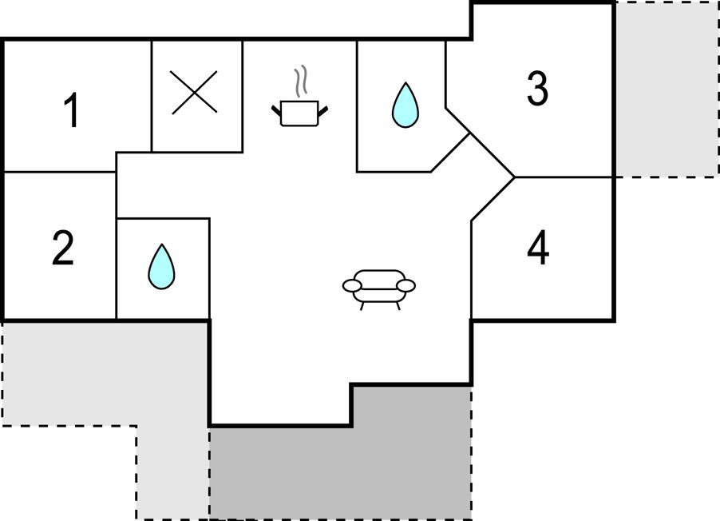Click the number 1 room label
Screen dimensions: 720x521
coord(72,110)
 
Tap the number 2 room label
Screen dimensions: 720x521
coord(63,248)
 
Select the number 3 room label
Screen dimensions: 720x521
coord(537,88)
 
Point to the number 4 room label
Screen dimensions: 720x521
coord(538,248)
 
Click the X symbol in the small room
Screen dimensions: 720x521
coord(194,93)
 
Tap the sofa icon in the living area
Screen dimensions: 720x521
coord(379,289)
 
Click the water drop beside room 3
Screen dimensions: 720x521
coord(405,105)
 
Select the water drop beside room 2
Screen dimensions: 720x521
coord(161,267)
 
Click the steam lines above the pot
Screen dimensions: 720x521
coord(300,82)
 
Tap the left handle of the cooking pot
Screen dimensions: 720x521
coord(276,111)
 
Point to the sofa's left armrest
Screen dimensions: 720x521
coord(352,286)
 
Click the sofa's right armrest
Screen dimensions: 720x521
coord(406,286)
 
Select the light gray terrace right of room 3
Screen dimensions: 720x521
coord(667,89)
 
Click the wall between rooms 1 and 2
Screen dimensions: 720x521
coord(60,172)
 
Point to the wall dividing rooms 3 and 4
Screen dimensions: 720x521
coord(564,177)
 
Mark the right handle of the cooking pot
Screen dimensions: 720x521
coord(322,111)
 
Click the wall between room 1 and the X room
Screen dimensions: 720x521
coord(152,96)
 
